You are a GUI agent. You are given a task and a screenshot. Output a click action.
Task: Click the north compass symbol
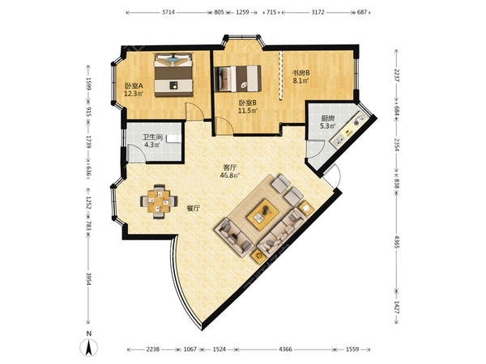(x=88, y=347)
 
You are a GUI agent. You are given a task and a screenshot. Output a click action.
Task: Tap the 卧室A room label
(x=134, y=86)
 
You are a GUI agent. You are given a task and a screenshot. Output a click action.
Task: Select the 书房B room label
(x=301, y=74)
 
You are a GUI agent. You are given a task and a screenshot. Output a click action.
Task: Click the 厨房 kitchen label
(x=327, y=118)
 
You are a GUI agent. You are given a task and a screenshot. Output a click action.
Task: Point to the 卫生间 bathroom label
(x=152, y=138)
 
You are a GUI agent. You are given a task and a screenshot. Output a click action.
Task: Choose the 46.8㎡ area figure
(x=230, y=176)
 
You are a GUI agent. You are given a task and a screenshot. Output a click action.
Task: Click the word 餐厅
(x=193, y=209)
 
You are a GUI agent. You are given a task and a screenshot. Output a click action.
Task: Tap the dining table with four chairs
(x=159, y=201)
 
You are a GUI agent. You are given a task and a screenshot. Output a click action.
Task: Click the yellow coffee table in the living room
(x=263, y=214)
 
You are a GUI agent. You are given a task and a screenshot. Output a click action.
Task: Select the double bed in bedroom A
(x=174, y=75)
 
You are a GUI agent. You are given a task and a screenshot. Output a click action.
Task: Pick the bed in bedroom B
(x=237, y=78)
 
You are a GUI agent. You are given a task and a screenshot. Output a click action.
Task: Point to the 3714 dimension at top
(x=168, y=12)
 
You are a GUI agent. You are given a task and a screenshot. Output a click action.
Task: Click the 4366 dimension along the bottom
(x=285, y=349)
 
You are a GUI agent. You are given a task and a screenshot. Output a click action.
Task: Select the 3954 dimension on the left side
(x=88, y=279)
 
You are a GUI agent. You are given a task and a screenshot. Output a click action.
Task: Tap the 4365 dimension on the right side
(x=396, y=242)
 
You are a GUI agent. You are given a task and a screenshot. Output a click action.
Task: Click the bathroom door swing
(x=136, y=154)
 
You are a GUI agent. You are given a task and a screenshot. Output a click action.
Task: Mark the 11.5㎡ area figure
(x=248, y=111)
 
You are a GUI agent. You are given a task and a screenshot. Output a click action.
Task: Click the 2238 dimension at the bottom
(x=153, y=349)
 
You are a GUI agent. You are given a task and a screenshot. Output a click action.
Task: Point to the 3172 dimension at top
(x=318, y=12)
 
